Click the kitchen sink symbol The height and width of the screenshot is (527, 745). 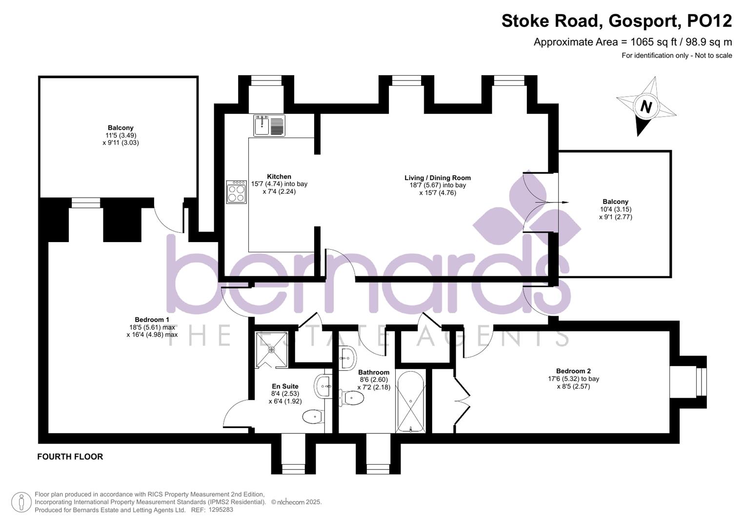pos(269,125)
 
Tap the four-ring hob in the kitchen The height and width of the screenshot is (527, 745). pos(237,192)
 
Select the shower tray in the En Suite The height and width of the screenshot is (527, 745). pos(271,350)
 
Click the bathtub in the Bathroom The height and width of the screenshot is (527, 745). pos(410,402)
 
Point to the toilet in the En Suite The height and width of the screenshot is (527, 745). pos(313,416)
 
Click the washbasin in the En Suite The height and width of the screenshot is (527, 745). pos(322,386)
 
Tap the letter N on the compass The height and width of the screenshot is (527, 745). pos(646,107)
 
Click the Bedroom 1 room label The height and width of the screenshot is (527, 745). pos(152,320)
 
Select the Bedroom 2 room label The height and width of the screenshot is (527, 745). pos(573,371)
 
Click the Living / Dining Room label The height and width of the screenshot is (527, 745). pos(438,178)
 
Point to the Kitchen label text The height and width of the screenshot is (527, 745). pos(279,177)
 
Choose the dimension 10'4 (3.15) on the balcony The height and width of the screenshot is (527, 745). pos(616,209)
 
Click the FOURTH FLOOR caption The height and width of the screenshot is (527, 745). pos(70,457)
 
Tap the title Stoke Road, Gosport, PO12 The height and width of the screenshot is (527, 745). pos(617,21)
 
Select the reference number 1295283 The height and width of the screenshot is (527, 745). pos(221,510)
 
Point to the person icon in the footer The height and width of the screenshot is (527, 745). pos(21,503)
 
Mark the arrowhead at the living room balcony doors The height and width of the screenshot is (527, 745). pos(565,203)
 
